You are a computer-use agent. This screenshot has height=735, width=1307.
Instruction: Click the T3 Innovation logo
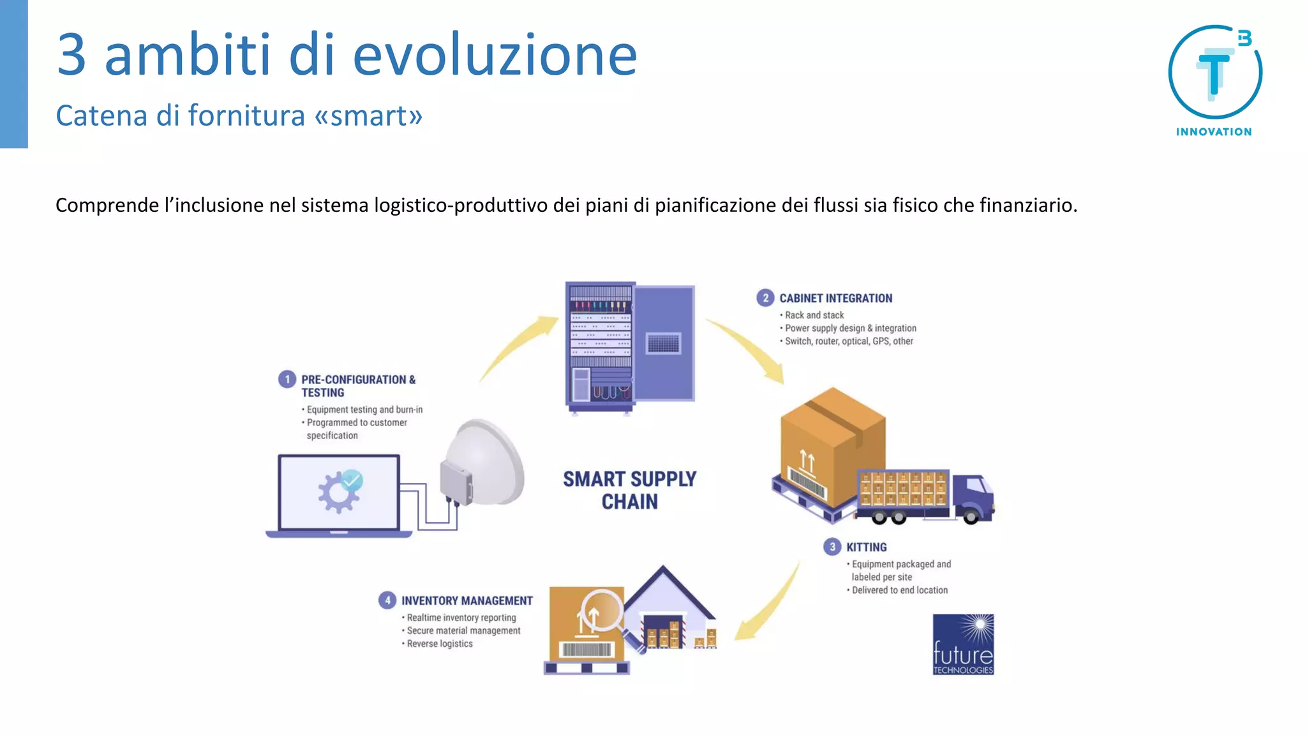1214,80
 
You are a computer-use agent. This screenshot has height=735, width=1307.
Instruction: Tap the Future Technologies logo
963,644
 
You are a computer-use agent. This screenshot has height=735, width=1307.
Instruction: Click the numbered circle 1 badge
287,380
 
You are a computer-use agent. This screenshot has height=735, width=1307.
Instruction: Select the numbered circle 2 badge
765,298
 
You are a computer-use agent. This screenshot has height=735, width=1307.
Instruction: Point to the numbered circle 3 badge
832,547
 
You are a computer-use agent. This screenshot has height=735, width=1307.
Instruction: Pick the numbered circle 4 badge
387,600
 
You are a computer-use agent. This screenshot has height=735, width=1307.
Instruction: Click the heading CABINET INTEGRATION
835,299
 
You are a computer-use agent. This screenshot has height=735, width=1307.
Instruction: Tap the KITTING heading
866,547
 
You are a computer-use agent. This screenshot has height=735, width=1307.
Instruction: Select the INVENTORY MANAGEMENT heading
467,601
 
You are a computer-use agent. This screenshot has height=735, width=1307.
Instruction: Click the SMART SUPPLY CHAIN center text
629,490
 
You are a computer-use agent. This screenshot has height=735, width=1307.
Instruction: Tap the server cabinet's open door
664,343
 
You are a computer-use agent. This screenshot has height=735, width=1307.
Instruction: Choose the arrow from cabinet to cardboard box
750,348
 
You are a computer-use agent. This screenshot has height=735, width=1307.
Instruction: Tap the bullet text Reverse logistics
440,644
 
